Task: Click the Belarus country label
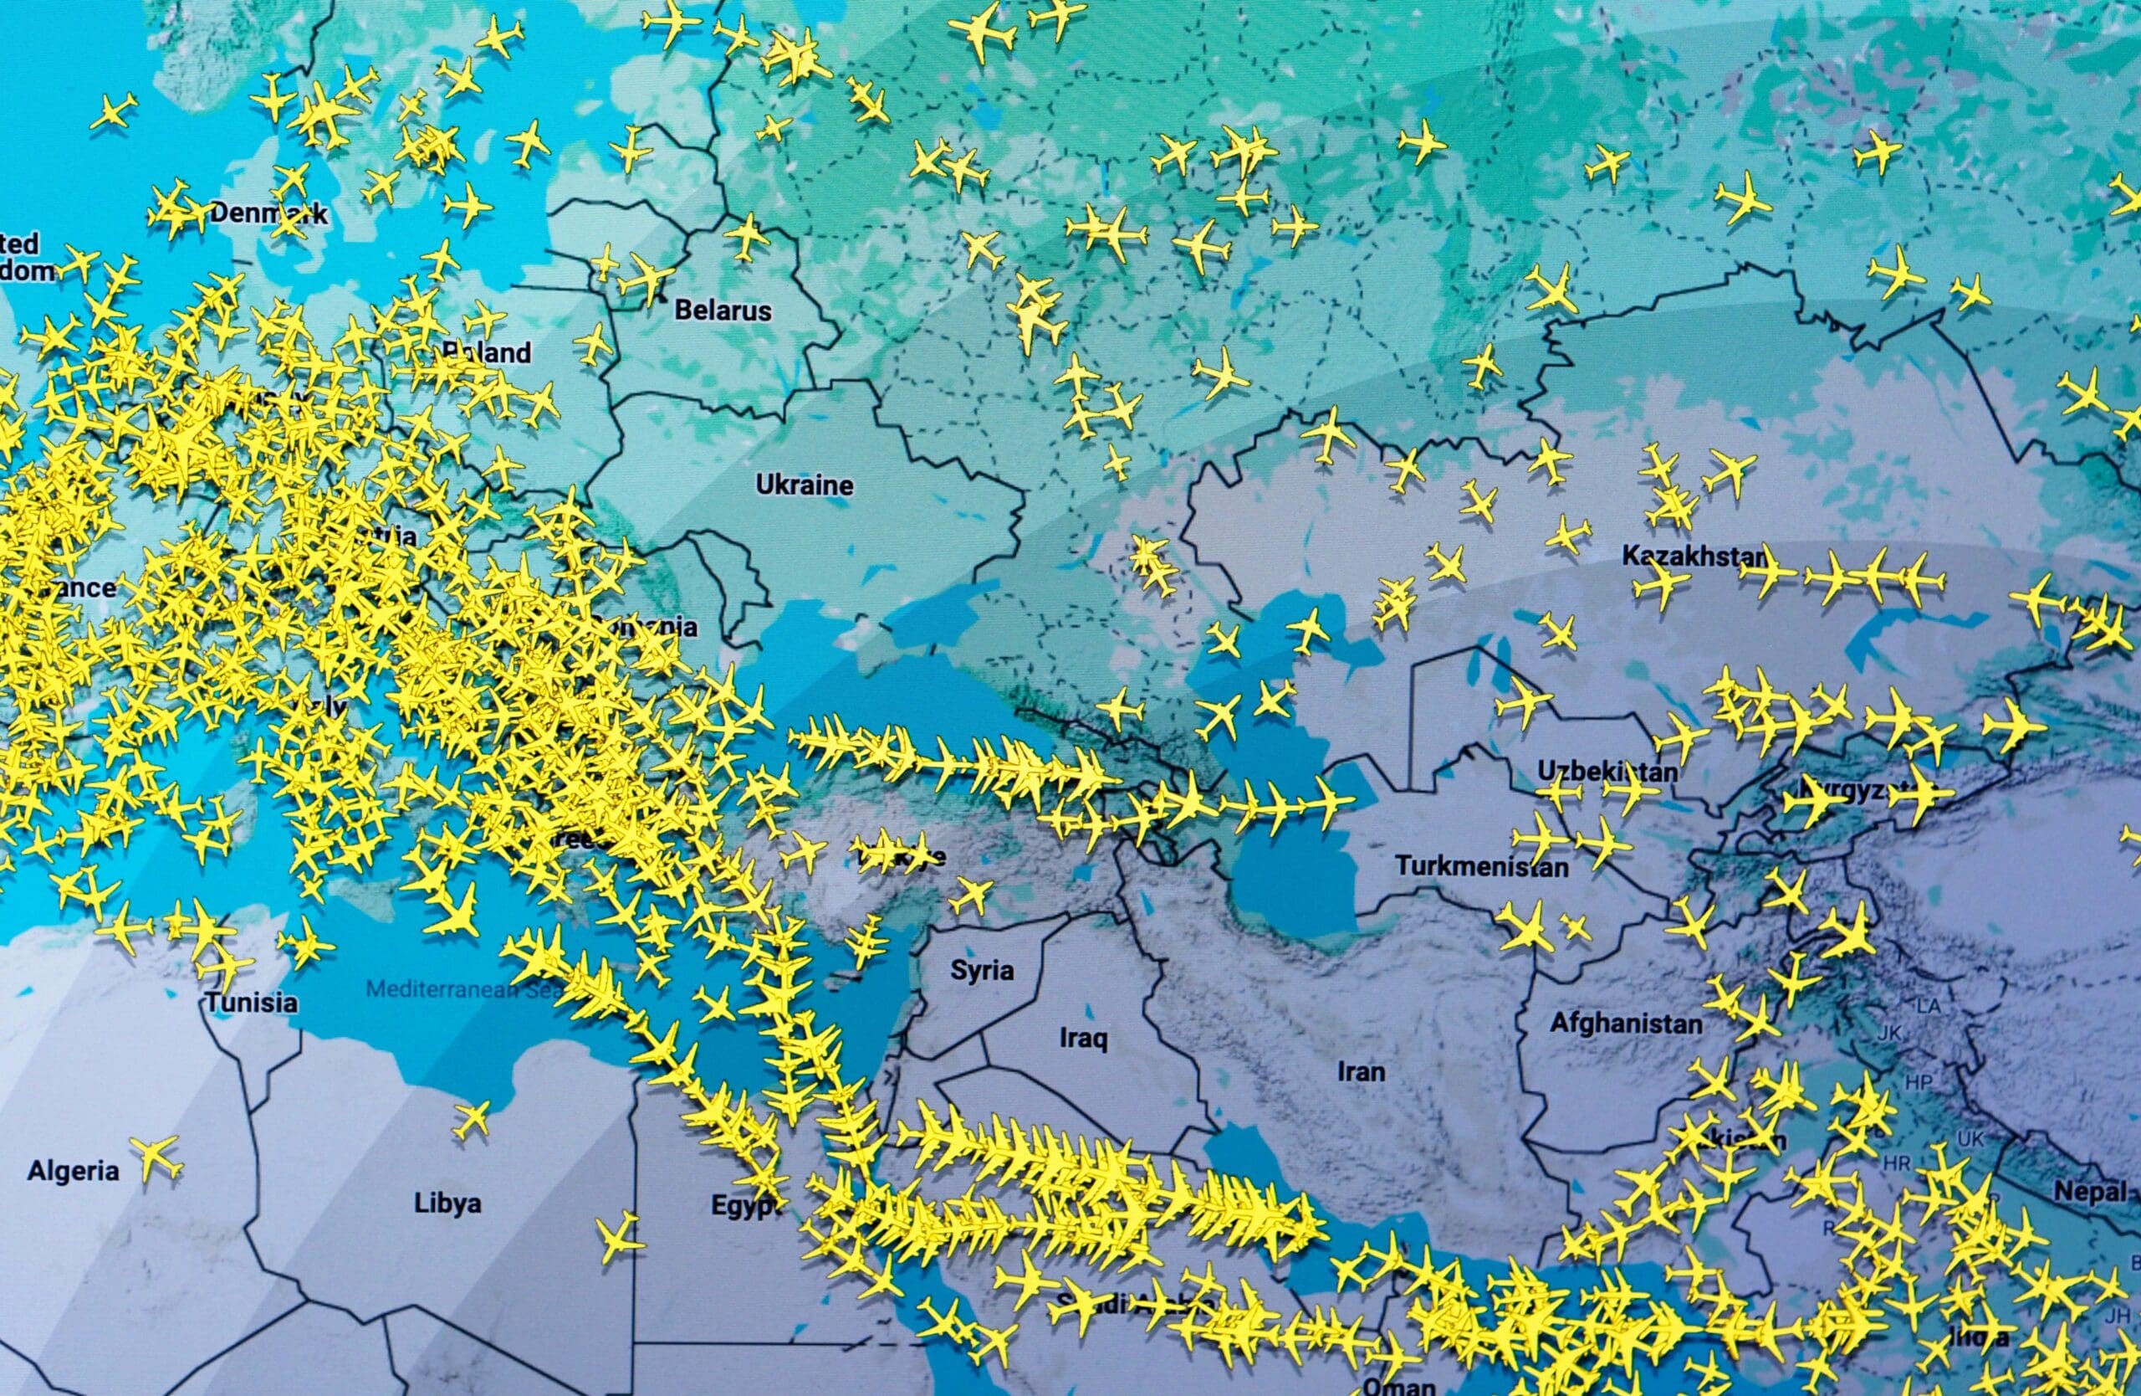[723, 311]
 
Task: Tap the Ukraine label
[805, 485]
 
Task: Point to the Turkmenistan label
[1482, 867]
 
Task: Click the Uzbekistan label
[1607, 772]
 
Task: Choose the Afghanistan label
[1626, 1024]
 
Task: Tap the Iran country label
[1361, 1072]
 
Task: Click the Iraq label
[1083, 1039]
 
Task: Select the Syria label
[983, 970]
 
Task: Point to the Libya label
[447, 1204]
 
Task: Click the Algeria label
[73, 1171]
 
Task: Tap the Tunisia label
[251, 1002]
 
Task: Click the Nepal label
[2087, 1193]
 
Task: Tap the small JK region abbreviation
[1889, 1034]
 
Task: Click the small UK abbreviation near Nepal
[1970, 1138]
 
